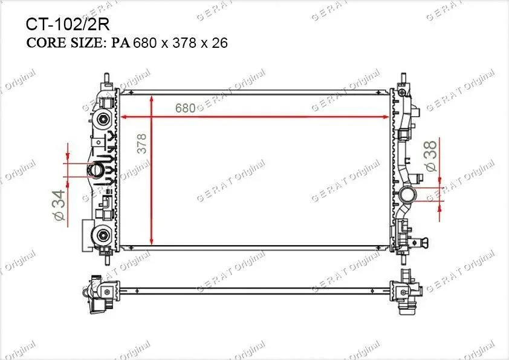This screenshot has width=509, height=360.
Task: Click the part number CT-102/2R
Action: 68,24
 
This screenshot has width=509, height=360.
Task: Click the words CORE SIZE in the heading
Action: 64,43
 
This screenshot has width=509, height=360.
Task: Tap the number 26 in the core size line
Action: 219,43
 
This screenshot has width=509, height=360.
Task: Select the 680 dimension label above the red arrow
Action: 185,108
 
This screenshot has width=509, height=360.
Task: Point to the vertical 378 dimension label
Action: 142,143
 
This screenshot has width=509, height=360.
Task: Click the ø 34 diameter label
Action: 60,205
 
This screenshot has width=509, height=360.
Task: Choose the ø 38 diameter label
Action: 432,155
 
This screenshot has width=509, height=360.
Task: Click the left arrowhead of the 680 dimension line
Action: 123,117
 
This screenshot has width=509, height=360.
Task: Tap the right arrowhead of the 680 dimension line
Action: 386,117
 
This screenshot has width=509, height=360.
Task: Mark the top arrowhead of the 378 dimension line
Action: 152,99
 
